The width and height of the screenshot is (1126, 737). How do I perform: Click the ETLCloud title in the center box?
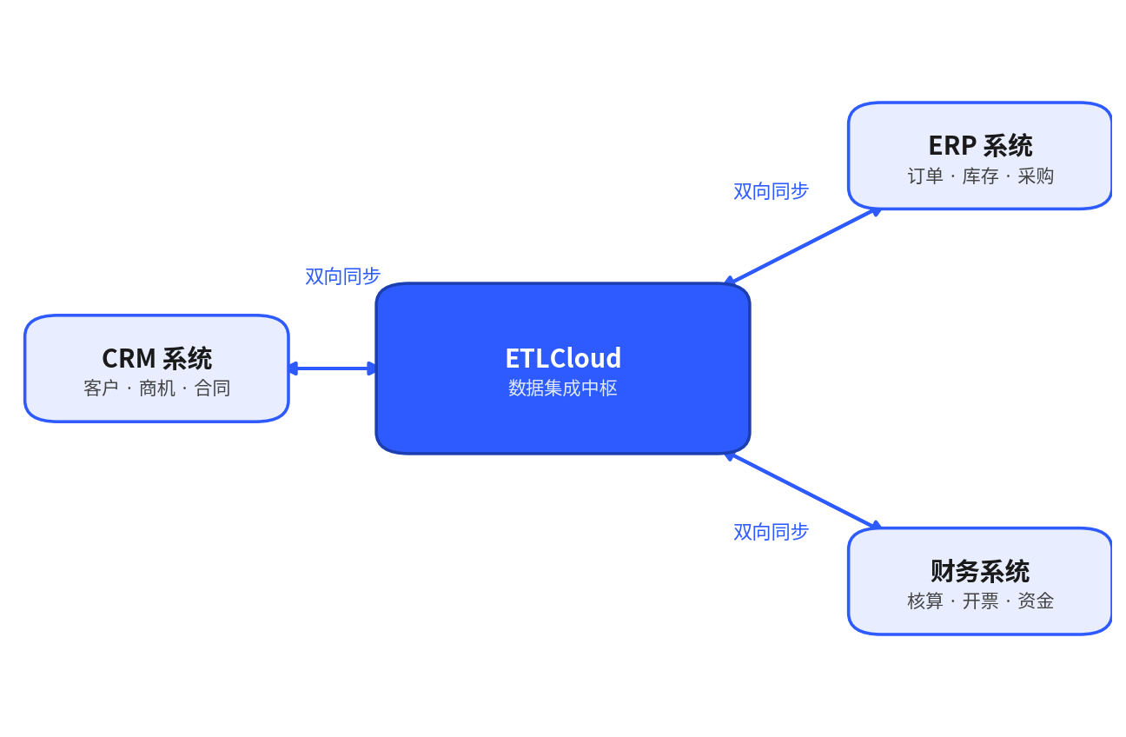[563, 358]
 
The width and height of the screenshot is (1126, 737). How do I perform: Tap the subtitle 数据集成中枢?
[563, 388]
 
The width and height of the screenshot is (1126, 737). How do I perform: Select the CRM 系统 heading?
[157, 358]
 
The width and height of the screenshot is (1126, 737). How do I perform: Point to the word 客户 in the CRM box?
[101, 388]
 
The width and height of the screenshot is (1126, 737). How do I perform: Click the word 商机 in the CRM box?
[157, 388]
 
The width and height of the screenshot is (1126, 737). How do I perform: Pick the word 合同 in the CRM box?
[213, 388]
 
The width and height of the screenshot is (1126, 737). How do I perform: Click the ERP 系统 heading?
[980, 146]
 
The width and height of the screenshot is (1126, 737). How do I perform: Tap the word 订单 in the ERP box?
[925, 176]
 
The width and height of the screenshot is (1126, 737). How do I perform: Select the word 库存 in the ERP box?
[980, 176]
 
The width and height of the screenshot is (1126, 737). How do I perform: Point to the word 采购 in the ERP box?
[1036, 176]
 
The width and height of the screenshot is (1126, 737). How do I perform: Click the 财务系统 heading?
[980, 571]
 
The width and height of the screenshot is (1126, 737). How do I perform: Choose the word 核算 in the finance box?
[925, 601]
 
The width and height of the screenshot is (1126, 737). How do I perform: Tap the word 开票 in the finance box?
[980, 601]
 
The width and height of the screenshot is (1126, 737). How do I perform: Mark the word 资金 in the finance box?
[1036, 601]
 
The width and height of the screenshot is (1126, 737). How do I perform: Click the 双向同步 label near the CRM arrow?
[343, 276]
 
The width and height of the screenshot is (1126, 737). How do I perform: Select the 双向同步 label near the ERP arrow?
[772, 191]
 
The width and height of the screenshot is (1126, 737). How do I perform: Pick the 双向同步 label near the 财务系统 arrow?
[772, 532]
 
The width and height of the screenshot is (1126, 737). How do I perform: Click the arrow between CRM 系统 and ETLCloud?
[332, 368]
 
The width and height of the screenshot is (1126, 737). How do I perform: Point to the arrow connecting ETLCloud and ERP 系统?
[803, 246]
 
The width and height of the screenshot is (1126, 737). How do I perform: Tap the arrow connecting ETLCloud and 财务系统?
[803, 491]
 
